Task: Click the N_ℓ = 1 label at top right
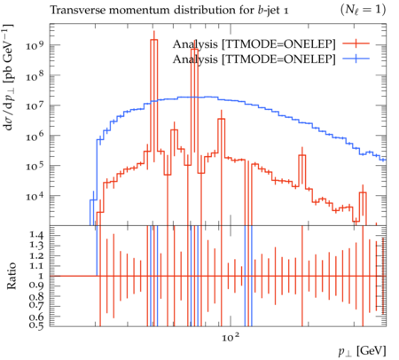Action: [364, 10]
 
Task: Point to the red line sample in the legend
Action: [356, 43]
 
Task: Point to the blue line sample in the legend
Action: [356, 59]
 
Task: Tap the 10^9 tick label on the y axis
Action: [35, 45]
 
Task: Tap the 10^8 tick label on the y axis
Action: [35, 75]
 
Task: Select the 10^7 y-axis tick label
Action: [35, 106]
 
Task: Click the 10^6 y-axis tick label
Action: [35, 136]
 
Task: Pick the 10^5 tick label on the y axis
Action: [35, 166]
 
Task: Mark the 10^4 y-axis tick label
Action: [35, 196]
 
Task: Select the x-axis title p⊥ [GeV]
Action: [363, 352]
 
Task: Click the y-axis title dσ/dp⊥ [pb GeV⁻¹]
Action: [8, 77]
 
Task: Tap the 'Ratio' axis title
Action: [12, 276]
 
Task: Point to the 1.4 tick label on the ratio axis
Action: [36, 235]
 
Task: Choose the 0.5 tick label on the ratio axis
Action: [36, 325]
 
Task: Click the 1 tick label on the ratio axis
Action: [41, 276]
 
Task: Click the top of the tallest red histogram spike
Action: [153, 40]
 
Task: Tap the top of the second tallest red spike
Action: [194, 50]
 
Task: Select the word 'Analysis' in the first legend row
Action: [195, 44]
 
